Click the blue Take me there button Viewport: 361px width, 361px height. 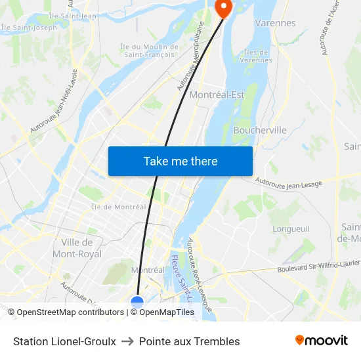tap(180, 161)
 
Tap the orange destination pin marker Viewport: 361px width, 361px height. tap(223, 7)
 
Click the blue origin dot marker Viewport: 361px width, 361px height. tap(137, 303)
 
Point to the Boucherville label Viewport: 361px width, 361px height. tap(260, 130)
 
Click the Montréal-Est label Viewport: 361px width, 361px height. tap(217, 95)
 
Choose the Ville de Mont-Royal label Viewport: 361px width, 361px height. tap(77, 248)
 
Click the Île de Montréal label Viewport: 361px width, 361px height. tap(119, 207)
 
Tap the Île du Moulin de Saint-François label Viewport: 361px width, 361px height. tap(149, 51)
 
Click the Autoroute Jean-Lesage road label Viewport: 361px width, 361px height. tap(289, 182)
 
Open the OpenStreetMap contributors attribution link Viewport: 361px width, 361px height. tap(70, 312)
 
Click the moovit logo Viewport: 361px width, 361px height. tap(322, 341)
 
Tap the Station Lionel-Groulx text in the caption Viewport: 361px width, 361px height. tap(64, 341)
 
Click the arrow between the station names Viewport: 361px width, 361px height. tap(127, 341)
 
